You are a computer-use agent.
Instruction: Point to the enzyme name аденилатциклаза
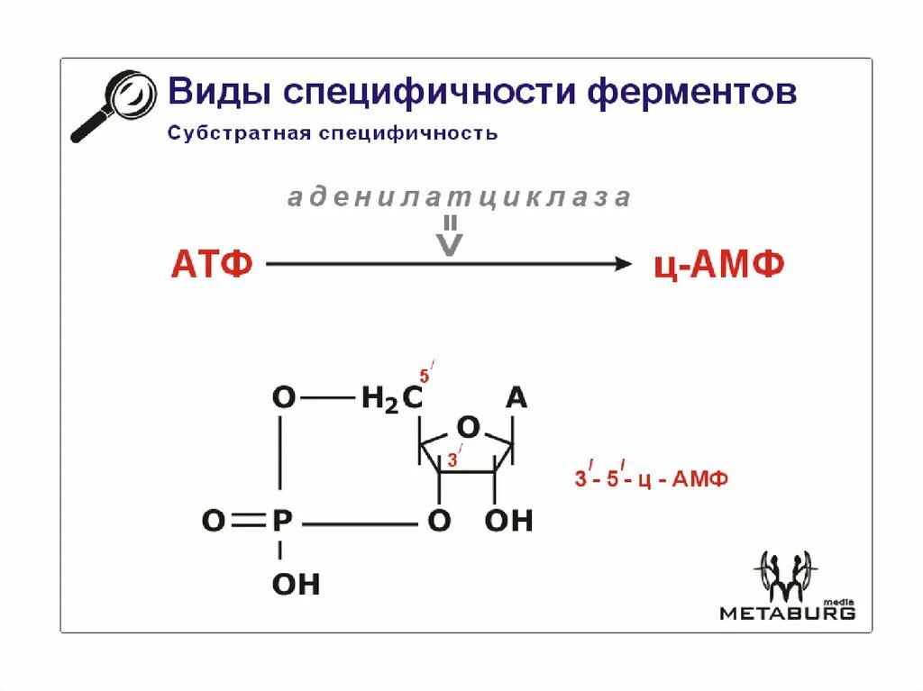point(459,197)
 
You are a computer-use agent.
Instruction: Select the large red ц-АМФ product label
point(717,265)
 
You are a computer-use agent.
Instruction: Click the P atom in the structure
point(282,521)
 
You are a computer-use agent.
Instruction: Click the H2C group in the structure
point(391,399)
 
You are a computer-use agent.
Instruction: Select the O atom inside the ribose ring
point(468,426)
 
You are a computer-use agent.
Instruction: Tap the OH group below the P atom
point(296,585)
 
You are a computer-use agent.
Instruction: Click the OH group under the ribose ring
point(508,521)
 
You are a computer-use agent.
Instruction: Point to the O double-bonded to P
point(213,521)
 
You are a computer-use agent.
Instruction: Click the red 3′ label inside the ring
point(454,459)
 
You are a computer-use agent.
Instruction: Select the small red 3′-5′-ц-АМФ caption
point(651,478)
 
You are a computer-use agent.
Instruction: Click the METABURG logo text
point(787,613)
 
